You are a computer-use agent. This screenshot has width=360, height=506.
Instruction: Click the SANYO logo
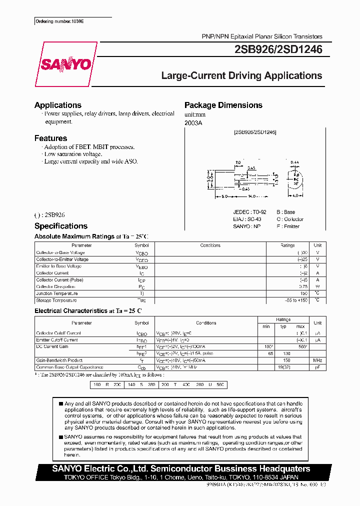coord(65,64)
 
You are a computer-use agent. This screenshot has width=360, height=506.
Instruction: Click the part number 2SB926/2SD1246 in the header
coord(278,49)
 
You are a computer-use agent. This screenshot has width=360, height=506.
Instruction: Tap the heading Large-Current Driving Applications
coord(241,76)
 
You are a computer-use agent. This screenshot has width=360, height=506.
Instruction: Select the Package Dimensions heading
coord(223,105)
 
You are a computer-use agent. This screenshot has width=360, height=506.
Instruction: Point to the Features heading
coord(50,138)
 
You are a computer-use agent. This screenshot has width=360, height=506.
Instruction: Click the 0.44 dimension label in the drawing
coord(294,162)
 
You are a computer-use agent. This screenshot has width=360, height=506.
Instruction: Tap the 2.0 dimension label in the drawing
coord(238,162)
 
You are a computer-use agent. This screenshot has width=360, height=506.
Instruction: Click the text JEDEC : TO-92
coord(247,212)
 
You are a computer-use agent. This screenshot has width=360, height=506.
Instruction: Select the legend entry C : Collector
coord(290,219)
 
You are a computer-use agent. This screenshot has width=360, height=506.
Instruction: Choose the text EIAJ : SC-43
coord(246,219)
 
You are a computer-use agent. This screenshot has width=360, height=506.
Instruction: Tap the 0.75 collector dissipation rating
coord(303,287)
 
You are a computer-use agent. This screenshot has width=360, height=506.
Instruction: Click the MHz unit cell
coord(317,360)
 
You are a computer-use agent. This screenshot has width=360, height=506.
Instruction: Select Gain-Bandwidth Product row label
coord(59,360)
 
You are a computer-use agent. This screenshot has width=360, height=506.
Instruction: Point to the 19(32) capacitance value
coord(285,367)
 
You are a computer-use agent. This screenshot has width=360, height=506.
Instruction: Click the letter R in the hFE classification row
coord(107,384)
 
